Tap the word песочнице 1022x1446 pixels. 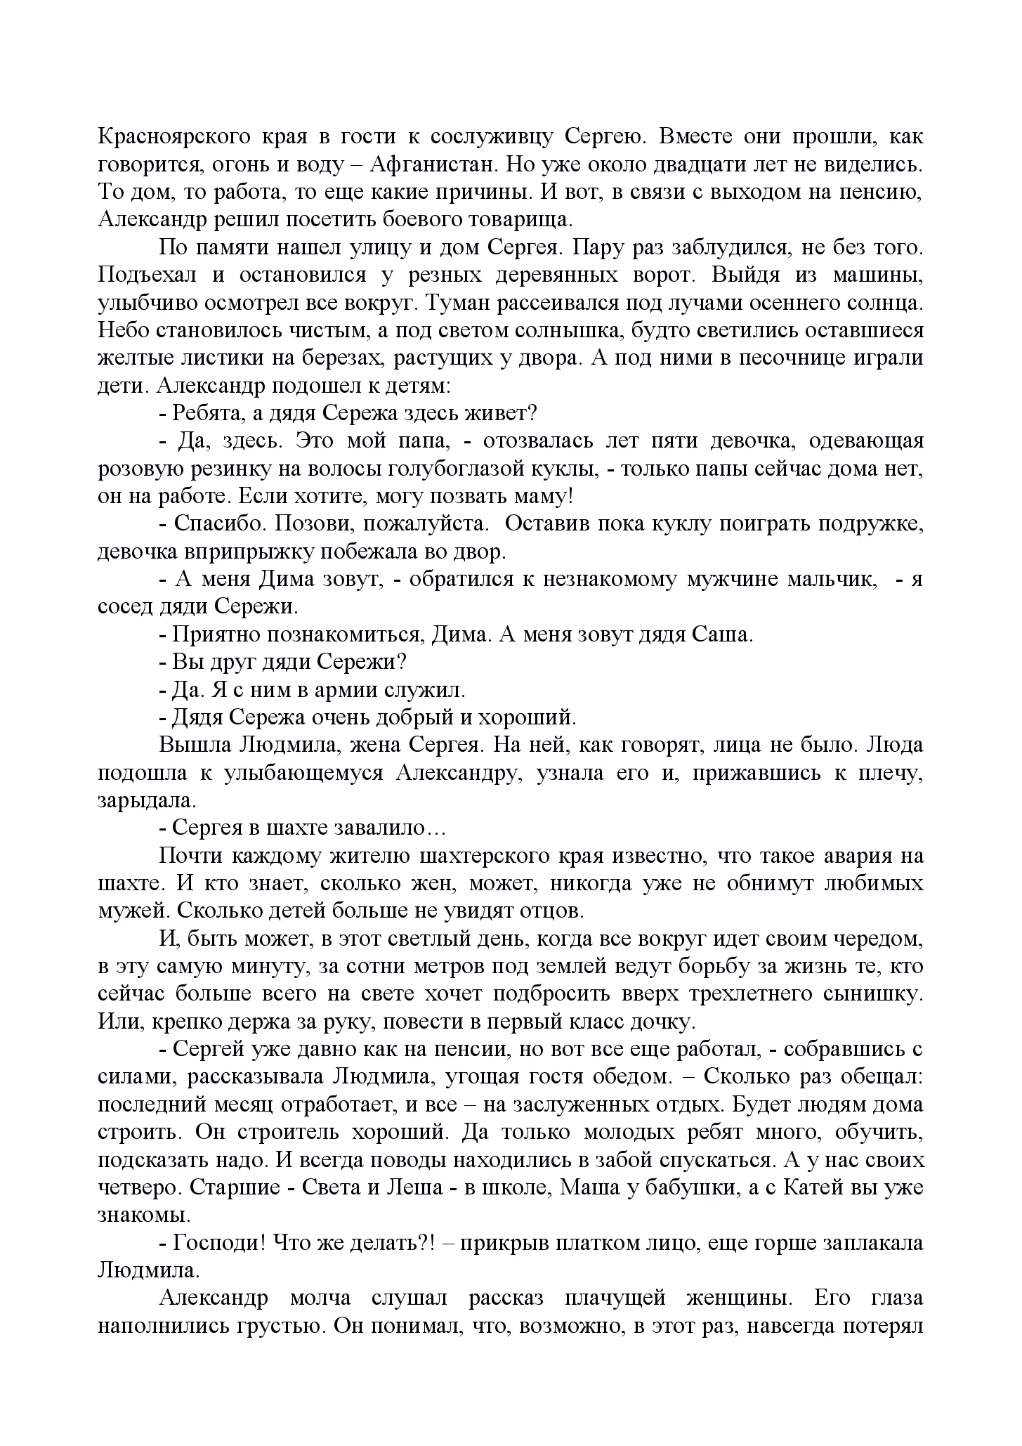[768, 358]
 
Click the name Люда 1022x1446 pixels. [896, 745]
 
